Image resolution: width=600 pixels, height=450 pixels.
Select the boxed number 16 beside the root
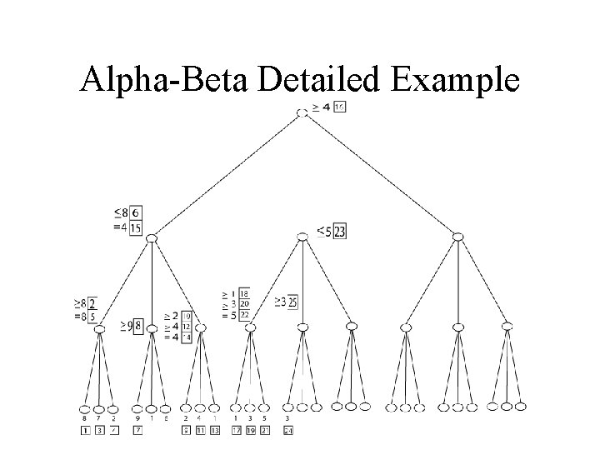[339, 107]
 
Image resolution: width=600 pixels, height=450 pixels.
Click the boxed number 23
[339, 232]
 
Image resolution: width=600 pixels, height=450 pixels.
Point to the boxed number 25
[292, 302]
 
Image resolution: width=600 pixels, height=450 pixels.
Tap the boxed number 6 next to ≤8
[135, 213]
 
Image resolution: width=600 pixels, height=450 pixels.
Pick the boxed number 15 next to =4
[135, 227]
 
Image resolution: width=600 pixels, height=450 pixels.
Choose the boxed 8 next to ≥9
[137, 324]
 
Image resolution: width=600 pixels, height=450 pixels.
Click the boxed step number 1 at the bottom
[85, 430]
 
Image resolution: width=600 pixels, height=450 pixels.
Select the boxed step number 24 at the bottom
[288, 430]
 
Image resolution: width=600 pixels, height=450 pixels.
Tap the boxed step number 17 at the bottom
[236, 430]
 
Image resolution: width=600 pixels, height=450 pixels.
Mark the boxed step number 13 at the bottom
[214, 430]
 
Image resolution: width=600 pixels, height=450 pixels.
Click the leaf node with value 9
[137, 408]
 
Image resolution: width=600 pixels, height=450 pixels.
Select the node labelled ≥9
[152, 328]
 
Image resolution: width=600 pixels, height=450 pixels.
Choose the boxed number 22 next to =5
[243, 314]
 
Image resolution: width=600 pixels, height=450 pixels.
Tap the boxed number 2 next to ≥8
[92, 302]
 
